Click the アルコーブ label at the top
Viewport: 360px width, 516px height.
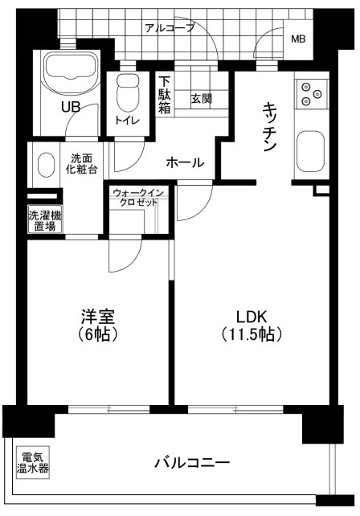pyautogui.click(x=170, y=27)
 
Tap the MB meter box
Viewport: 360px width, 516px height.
pyautogui.click(x=298, y=39)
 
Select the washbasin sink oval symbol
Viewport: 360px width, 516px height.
pyautogui.click(x=45, y=163)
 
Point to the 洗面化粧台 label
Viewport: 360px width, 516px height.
pyautogui.click(x=83, y=164)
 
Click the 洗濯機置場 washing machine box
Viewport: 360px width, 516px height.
pyautogui.click(x=44, y=220)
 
